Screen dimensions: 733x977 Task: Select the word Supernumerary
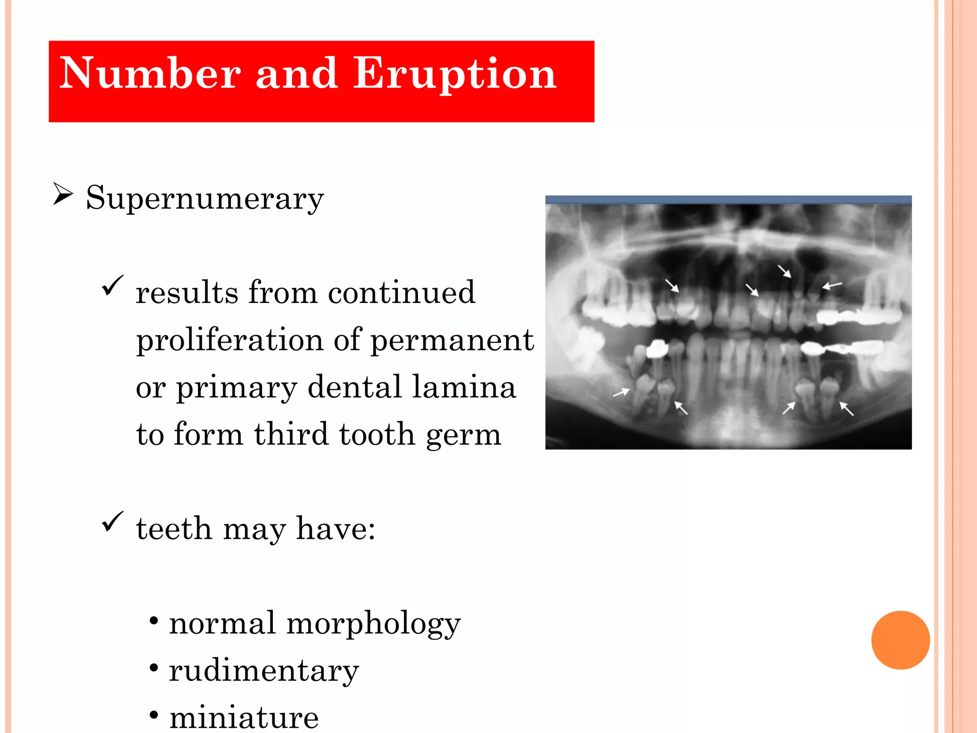tap(205, 198)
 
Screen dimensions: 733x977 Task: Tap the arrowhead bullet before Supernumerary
tap(63, 194)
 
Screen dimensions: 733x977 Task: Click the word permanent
tap(452, 340)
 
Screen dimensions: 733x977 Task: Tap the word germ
tap(463, 435)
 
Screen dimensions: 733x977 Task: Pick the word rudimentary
tap(264, 670)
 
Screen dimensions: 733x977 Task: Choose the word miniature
tap(244, 717)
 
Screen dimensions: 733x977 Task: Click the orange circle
tap(900, 640)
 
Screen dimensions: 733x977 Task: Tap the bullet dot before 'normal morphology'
tap(154, 621)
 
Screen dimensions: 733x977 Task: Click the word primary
tap(237, 387)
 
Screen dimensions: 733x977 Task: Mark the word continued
tap(401, 293)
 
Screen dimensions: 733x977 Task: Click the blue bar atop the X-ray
tap(728, 199)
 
